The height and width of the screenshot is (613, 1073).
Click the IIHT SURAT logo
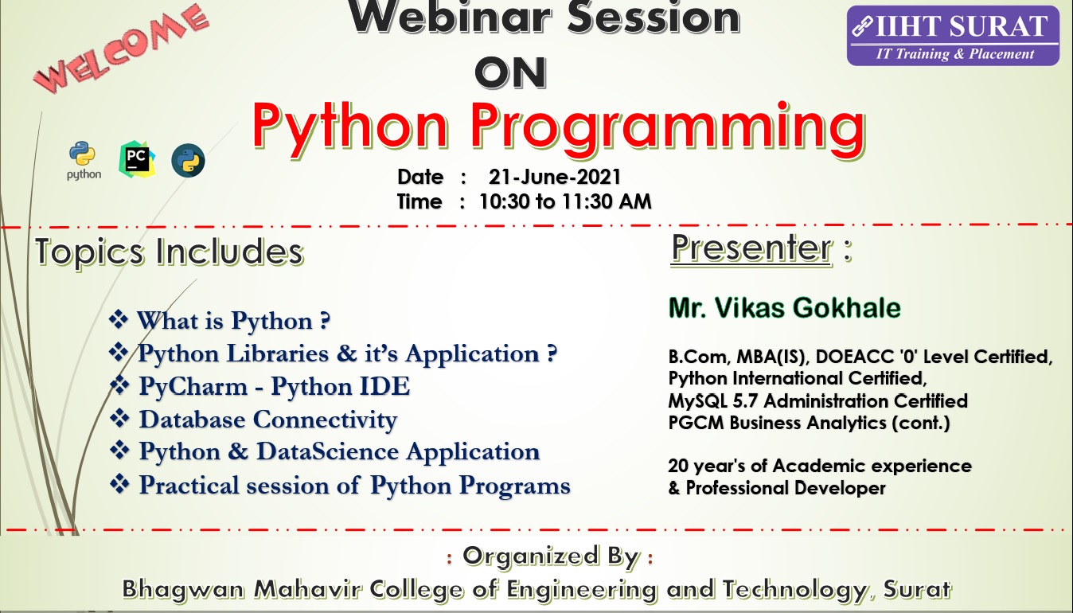[953, 36]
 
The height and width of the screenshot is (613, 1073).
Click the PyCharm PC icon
[137, 159]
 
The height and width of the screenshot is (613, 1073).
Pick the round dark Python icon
[188, 161]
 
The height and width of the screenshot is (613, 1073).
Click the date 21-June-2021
[554, 178]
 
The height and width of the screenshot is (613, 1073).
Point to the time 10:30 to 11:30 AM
[565, 201]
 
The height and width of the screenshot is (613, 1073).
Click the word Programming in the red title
[668, 128]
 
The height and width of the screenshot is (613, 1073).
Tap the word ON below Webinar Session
[511, 72]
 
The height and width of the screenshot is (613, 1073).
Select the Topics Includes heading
[170, 252]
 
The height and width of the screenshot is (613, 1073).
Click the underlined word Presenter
[751, 248]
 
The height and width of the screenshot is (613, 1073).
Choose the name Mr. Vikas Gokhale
[785, 307]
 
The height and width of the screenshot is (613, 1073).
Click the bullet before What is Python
[119, 319]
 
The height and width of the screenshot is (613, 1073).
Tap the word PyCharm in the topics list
[193, 387]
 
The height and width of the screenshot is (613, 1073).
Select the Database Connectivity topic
[267, 420]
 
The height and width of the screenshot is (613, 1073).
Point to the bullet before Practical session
[119, 484]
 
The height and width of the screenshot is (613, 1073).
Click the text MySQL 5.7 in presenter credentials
[712, 401]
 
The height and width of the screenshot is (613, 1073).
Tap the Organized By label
[551, 556]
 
